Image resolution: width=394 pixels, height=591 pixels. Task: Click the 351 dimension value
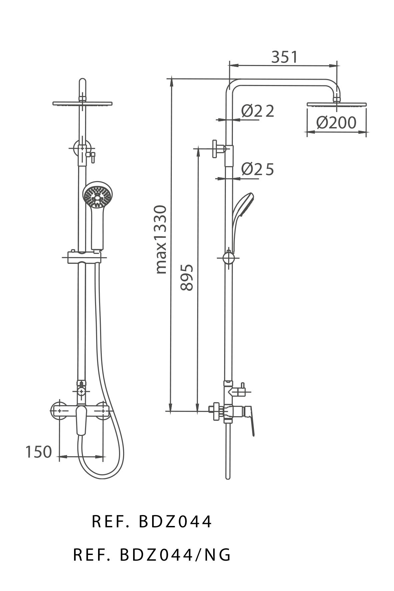coord(284,57)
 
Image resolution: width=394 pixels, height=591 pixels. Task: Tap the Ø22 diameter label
coord(257,111)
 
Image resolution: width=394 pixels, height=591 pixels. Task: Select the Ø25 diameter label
coord(257,169)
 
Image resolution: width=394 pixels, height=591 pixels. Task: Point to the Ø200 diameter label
coord(336,122)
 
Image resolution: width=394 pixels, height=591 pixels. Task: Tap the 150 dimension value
coord(39,452)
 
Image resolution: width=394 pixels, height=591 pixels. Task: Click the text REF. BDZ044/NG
coord(152,555)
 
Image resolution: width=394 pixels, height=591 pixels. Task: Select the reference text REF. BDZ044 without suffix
coord(152,522)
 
